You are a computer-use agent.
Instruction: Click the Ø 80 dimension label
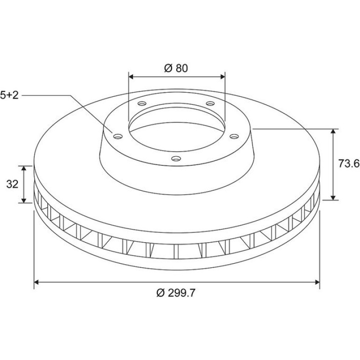point(176,68)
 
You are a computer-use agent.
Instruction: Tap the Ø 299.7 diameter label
point(176,293)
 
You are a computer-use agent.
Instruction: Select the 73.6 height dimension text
point(349,164)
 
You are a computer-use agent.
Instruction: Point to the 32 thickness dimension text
point(12,184)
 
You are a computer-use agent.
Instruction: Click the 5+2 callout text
point(9,95)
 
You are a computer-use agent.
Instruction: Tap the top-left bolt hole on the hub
point(142,103)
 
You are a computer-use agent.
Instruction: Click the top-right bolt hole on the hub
point(210,103)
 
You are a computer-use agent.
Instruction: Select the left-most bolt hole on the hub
point(118,137)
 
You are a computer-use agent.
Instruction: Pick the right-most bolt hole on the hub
point(234,137)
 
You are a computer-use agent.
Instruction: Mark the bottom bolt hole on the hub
point(176,158)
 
